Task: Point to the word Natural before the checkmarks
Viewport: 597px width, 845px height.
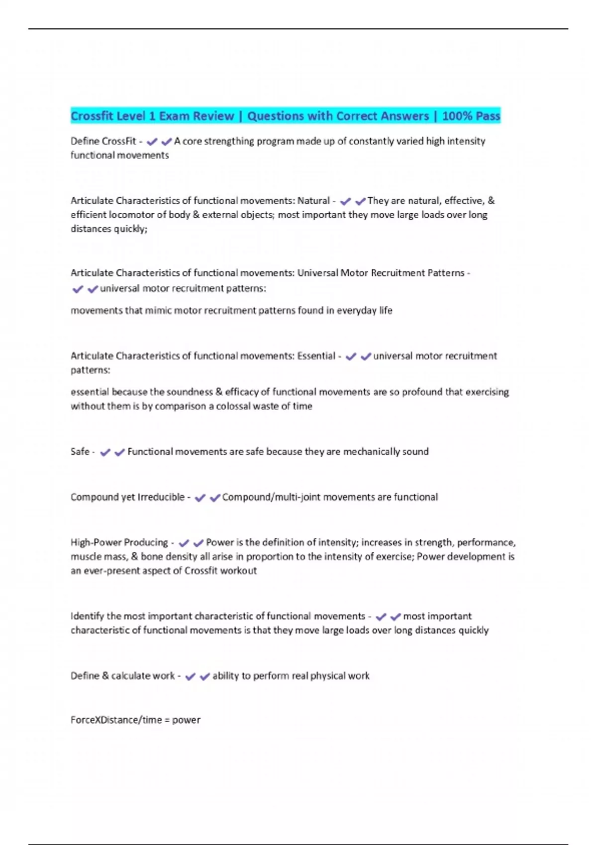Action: pyautogui.click(x=313, y=201)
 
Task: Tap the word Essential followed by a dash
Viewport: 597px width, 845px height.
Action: pyautogui.click(x=316, y=356)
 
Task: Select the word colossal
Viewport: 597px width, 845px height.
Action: pyautogui.click(x=234, y=406)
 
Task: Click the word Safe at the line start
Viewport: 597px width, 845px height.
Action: pyautogui.click(x=80, y=452)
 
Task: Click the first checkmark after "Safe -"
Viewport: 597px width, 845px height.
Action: pyautogui.click(x=105, y=452)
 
